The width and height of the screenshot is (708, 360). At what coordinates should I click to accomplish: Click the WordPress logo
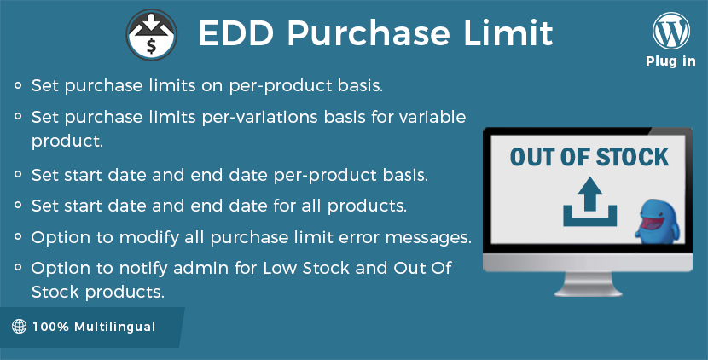click(671, 31)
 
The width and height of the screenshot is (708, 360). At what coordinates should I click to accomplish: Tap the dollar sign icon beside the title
click(151, 35)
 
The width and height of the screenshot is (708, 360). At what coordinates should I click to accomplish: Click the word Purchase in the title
click(369, 33)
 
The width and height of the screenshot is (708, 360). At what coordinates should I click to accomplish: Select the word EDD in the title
click(236, 33)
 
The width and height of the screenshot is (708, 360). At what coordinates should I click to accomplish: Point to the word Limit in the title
click(508, 33)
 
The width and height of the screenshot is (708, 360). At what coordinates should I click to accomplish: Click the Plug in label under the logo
click(670, 61)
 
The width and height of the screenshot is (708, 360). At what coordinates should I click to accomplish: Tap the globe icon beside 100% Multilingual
click(19, 326)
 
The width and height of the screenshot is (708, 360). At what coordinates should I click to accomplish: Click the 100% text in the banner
click(50, 327)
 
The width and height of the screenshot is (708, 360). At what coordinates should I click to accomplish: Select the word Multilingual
click(114, 327)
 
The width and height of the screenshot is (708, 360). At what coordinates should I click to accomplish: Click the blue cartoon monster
click(657, 221)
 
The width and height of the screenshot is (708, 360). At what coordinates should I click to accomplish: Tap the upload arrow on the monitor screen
click(589, 201)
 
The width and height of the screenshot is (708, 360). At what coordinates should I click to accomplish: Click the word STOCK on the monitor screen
click(632, 157)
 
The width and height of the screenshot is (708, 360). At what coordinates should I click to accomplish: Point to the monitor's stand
click(588, 285)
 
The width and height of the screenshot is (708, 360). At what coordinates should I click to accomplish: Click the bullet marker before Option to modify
click(18, 236)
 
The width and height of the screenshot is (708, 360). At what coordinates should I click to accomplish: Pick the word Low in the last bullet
click(280, 268)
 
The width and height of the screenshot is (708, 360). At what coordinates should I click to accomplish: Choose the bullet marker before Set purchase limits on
click(18, 84)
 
